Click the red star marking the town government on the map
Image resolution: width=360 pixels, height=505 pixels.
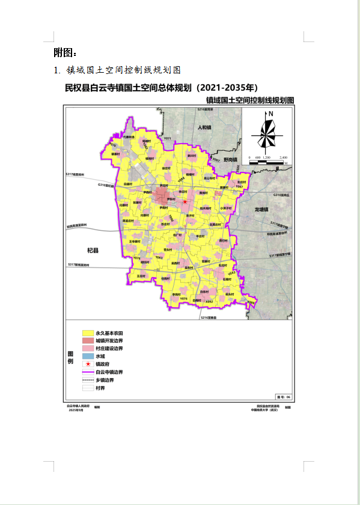tap(177, 202)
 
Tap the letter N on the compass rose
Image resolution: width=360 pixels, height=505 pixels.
tap(271, 114)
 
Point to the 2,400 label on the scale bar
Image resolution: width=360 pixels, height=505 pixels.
tap(284, 158)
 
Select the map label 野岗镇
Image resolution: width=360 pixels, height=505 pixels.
tap(231, 160)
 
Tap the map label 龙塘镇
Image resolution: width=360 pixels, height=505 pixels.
tap(263, 209)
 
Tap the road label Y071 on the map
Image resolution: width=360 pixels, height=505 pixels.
tap(168, 139)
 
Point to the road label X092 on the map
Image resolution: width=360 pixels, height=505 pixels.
tap(209, 301)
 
